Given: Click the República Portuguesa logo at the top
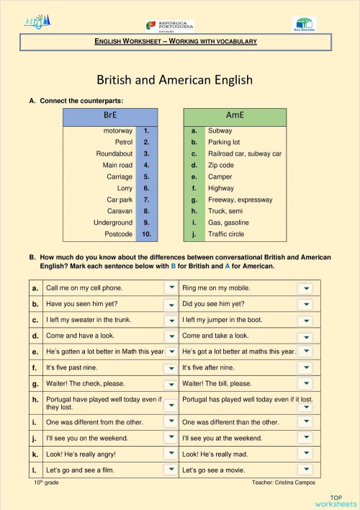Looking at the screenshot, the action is (x=170, y=26).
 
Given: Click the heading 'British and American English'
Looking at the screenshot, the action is (x=175, y=79).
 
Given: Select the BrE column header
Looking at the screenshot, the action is (x=109, y=115).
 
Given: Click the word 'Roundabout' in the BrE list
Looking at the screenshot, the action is (x=114, y=153).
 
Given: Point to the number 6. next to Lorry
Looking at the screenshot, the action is (x=146, y=188).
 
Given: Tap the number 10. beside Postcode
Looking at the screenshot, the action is (x=146, y=234).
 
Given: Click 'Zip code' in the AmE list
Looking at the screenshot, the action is (x=221, y=165).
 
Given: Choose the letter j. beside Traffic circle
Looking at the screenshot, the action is (x=194, y=234).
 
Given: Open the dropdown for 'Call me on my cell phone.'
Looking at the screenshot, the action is (x=171, y=288).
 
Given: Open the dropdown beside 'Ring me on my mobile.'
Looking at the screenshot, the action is (x=306, y=288).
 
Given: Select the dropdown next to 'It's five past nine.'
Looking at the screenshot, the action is (x=171, y=368).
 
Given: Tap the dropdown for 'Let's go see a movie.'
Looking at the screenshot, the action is (x=306, y=470).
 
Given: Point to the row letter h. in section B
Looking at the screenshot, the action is (x=35, y=399).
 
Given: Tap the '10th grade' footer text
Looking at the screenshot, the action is (x=46, y=483).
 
